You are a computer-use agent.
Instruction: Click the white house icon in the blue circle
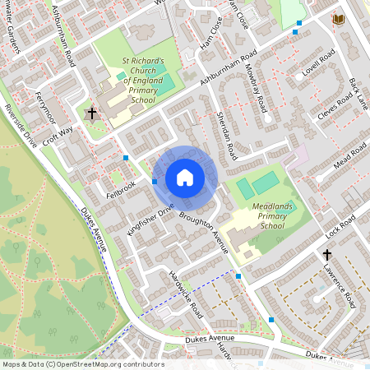pyautogui.click(x=185, y=177)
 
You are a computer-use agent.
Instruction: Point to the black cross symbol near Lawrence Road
pyautogui.click(x=326, y=255)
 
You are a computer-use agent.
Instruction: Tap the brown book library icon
pyautogui.click(x=338, y=19)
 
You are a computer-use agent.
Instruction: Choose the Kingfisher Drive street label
pyautogui.click(x=147, y=220)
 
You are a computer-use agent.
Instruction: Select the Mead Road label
pyautogui.click(x=349, y=156)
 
